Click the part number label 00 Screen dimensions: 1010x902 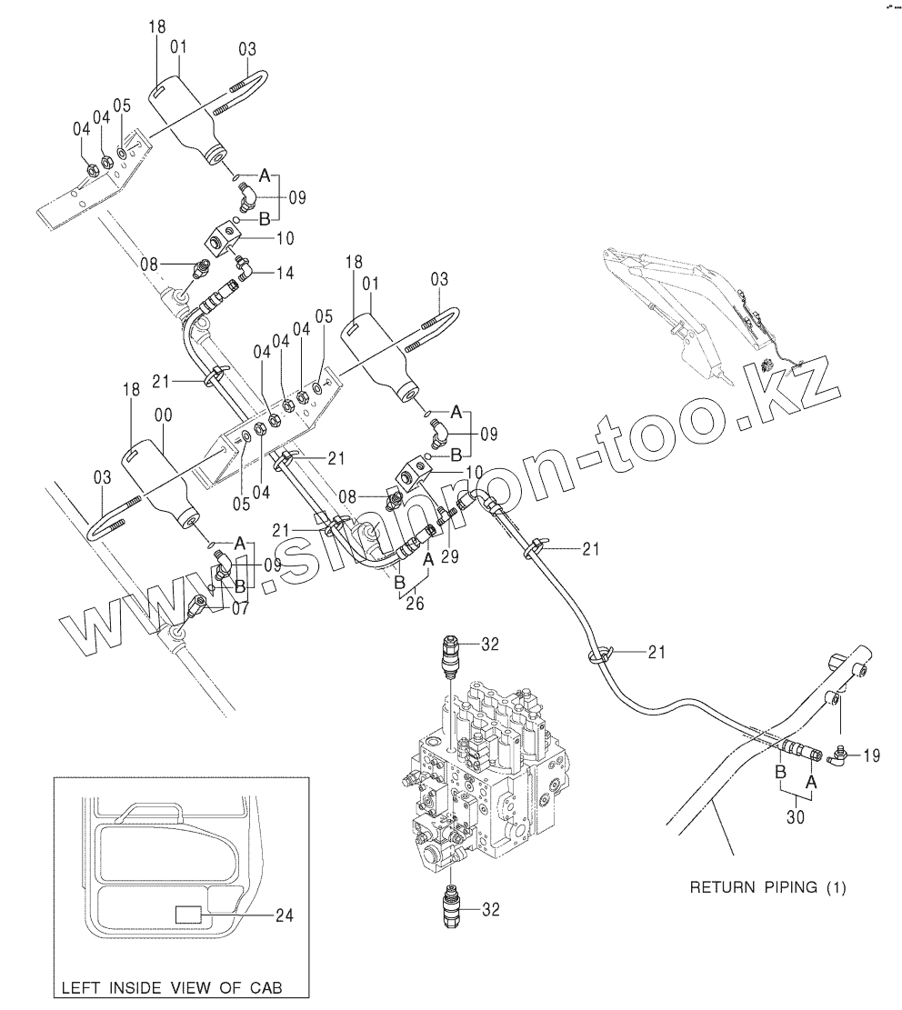pos(165,414)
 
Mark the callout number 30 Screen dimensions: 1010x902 pos(796,817)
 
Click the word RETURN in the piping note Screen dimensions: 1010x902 pos(724,886)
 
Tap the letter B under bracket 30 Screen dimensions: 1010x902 pos(778,772)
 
